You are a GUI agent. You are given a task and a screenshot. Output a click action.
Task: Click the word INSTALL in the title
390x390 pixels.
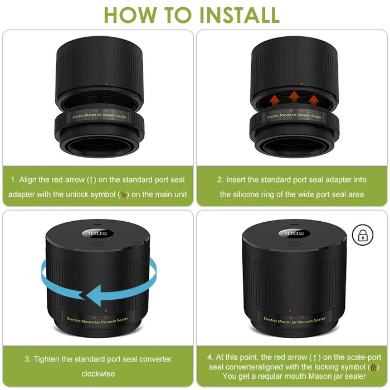(240, 15)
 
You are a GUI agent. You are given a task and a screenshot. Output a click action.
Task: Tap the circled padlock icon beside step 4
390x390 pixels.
(363, 235)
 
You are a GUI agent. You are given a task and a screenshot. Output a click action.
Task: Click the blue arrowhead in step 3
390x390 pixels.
(94, 296)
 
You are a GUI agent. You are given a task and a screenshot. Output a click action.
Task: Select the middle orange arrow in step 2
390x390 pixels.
(294, 97)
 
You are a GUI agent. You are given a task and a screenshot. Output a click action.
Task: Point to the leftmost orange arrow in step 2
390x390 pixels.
(274, 100)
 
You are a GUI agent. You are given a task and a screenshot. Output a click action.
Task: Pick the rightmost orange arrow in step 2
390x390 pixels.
(314, 100)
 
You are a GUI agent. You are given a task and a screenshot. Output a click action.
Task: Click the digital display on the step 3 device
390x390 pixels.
(97, 233)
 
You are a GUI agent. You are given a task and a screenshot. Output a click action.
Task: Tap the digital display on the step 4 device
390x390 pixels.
(294, 233)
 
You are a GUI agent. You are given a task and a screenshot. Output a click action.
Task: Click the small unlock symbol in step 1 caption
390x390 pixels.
(124, 195)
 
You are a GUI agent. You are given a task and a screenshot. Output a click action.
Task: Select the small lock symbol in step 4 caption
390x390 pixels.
(373, 367)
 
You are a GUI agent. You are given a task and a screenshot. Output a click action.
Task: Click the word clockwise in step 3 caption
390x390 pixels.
(98, 374)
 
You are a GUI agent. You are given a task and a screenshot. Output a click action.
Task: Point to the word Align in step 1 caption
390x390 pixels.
(28, 180)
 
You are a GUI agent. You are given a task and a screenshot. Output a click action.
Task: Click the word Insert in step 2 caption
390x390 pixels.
(236, 179)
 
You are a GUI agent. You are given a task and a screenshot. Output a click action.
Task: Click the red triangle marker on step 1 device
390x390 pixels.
(106, 84)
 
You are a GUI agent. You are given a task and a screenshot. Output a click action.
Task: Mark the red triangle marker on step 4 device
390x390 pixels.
(290, 311)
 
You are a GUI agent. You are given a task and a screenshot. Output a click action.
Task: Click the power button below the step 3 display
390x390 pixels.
(97, 244)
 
